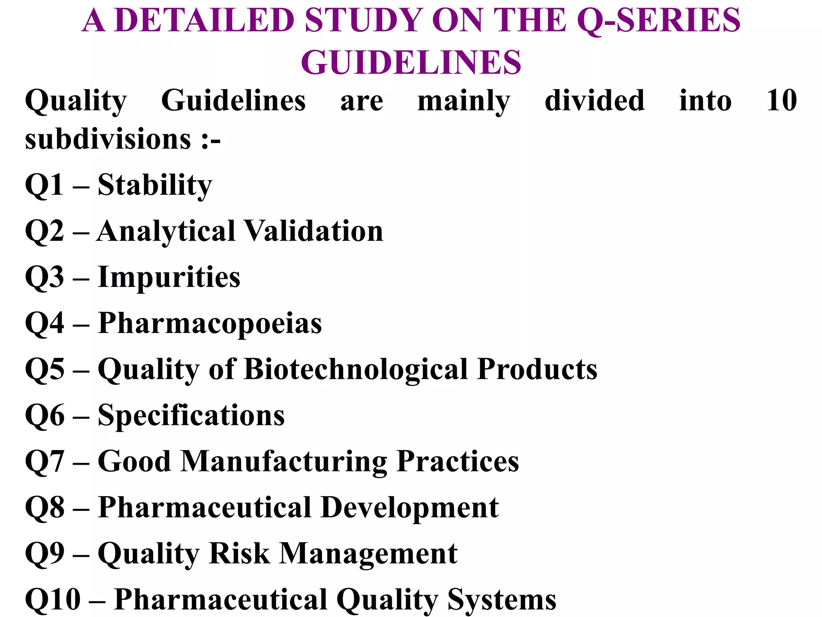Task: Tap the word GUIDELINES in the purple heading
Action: (411, 63)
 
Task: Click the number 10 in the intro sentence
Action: (781, 100)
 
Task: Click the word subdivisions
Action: (108, 139)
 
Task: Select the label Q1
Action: (44, 185)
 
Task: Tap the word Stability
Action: (155, 185)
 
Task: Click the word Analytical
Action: (166, 231)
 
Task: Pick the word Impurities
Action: (169, 278)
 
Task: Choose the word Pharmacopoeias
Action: (210, 323)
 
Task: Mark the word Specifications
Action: (191, 415)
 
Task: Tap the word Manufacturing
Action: (284, 462)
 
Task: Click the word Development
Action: (410, 508)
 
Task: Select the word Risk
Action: (240, 554)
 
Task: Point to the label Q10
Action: (53, 600)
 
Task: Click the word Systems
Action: (502, 600)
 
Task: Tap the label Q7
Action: (44, 462)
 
